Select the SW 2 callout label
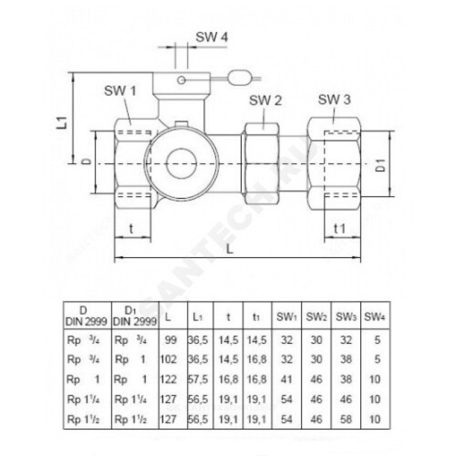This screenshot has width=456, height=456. (x=266, y=101)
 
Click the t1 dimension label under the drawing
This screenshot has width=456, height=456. (x=340, y=229)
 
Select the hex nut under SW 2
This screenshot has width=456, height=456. (x=263, y=166)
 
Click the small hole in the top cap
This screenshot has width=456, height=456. (x=182, y=79)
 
